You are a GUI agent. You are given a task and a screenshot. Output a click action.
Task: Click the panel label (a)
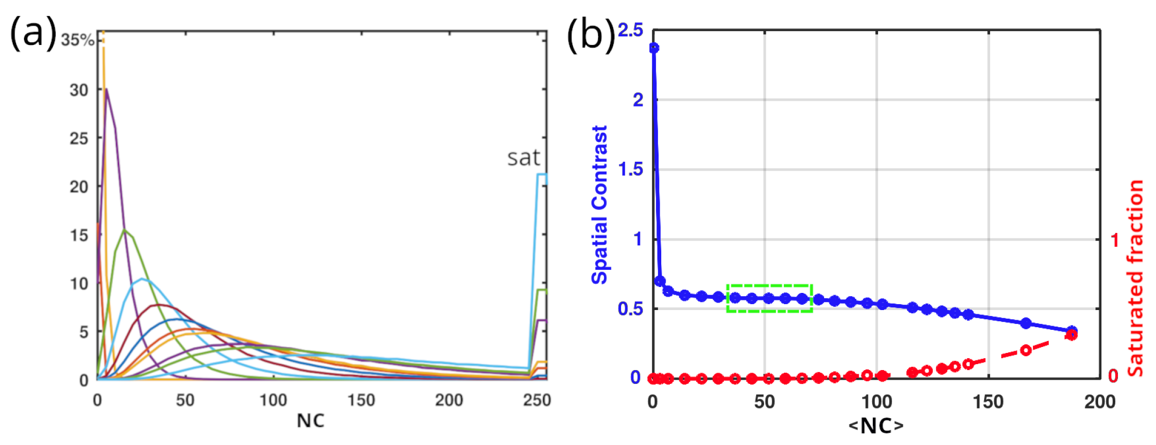tap(33, 33)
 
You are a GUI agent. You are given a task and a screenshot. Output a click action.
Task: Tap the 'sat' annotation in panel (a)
tap(523, 158)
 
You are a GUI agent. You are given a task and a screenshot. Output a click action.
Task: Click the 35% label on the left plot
tap(78, 40)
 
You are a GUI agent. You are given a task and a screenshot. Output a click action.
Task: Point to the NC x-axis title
tap(311, 421)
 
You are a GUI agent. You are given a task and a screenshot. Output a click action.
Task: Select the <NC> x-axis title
tap(876, 426)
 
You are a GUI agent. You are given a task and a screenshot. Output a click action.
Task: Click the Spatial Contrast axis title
tap(600, 205)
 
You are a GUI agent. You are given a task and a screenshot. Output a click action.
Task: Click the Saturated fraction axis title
tap(1135, 278)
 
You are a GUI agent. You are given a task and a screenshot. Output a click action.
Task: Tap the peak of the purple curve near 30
tap(107, 89)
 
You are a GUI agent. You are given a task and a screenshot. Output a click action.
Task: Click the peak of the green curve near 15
tap(125, 230)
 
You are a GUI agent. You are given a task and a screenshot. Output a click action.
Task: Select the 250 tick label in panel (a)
tap(537, 400)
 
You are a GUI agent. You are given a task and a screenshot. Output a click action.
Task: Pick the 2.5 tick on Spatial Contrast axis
tap(630, 31)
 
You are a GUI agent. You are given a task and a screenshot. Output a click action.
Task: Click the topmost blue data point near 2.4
tap(654, 48)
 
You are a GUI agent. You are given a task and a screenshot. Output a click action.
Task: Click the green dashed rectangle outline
tap(769, 285)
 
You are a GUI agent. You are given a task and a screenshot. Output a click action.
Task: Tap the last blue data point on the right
tap(1071, 331)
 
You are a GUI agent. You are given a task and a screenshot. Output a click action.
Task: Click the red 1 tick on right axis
tap(1115, 239)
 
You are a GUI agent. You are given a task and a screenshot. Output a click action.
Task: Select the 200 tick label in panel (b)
tap(1100, 402)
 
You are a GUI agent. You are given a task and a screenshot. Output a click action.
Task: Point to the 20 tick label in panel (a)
tap(79, 187)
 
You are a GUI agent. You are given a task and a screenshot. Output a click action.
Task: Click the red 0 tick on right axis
tap(1114, 376)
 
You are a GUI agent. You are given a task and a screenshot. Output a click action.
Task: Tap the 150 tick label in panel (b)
tap(988, 402)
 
